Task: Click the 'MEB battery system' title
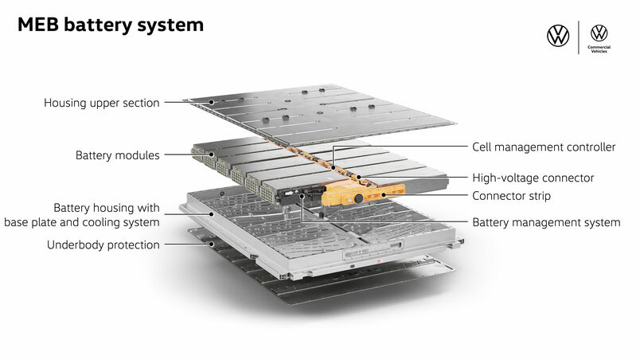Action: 111,25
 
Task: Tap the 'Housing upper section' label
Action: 101,103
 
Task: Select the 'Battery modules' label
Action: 117,155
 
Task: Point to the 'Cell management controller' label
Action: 544,147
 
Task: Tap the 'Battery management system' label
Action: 546,222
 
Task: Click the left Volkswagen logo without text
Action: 558,36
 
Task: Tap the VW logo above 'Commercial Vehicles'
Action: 599,33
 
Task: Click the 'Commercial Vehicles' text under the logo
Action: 599,49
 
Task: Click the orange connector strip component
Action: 374,193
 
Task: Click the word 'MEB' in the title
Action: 39,25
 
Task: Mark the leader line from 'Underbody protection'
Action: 186,245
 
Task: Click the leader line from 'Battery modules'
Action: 176,155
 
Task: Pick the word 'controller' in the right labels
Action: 589,147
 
